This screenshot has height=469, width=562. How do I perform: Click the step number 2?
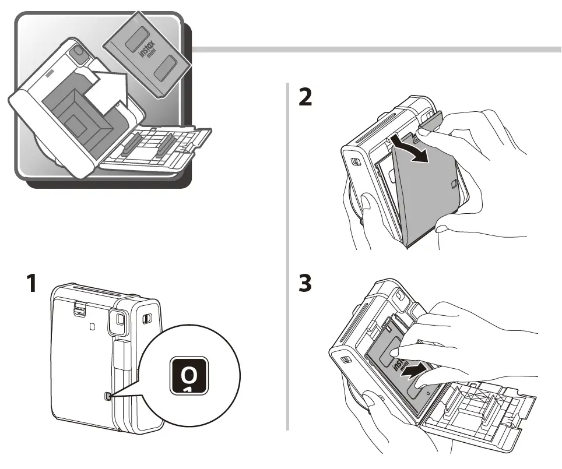[x=305, y=97]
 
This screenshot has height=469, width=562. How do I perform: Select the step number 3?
[x=305, y=285]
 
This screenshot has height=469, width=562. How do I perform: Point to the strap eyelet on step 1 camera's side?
[x=147, y=318]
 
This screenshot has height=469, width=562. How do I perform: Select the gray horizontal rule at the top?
[x=373, y=50]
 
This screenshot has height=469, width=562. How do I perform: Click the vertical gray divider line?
[x=287, y=256]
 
